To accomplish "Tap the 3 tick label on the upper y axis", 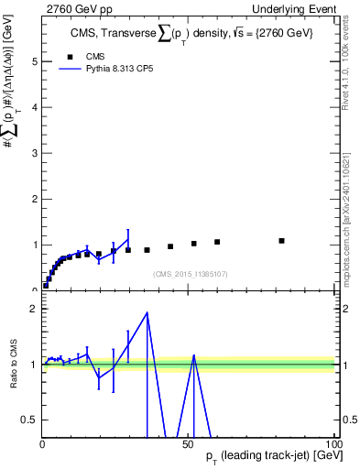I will (x=34, y=153).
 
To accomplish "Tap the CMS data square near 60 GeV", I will (x=217, y=242).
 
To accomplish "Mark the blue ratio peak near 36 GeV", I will (x=147, y=313).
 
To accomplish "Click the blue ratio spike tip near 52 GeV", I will (x=193, y=355).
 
